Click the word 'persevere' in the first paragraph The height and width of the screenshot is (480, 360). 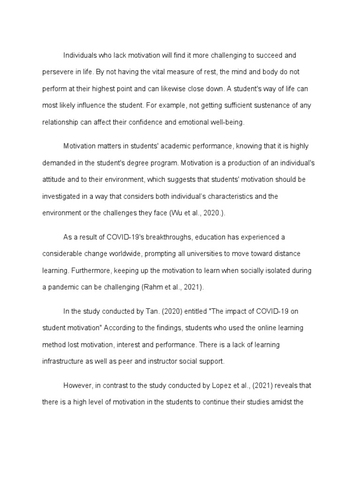57,72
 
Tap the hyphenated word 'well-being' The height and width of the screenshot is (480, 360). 228,122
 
